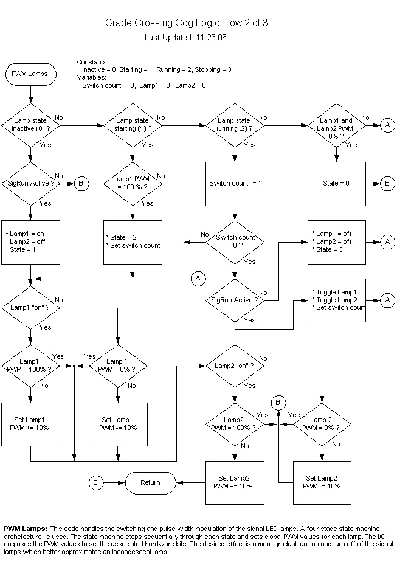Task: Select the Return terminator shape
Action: tap(150, 482)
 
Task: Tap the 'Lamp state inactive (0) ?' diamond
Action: tap(30, 125)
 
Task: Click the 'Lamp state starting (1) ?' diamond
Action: tap(133, 125)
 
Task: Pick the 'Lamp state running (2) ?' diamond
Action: tap(235, 125)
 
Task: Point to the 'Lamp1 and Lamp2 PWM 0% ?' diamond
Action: tap(337, 125)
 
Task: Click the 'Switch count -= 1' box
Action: tap(235, 183)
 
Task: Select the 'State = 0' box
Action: tap(337, 183)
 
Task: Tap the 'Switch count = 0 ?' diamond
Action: tap(235, 241)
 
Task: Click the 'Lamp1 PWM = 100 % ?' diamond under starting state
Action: tap(133, 183)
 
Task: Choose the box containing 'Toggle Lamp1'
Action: tap(337, 300)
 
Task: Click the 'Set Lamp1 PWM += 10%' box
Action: tap(30, 423)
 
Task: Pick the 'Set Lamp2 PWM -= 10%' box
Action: tap(322, 482)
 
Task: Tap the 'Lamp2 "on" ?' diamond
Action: tap(235, 366)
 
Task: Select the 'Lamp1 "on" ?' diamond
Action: tap(30, 307)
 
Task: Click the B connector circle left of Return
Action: tap(96, 482)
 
